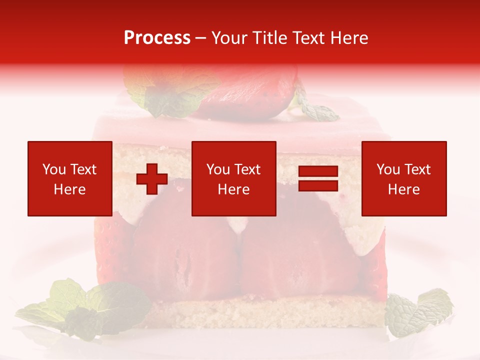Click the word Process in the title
click(157, 38)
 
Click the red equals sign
click(318, 178)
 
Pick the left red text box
click(69, 178)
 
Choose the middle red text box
click(233, 178)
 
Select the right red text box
click(403, 178)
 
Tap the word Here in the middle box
click(233, 189)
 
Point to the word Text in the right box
click(417, 169)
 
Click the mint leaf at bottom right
click(417, 312)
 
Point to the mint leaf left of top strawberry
click(165, 97)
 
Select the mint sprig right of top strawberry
click(315, 110)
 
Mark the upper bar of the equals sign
click(318, 171)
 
